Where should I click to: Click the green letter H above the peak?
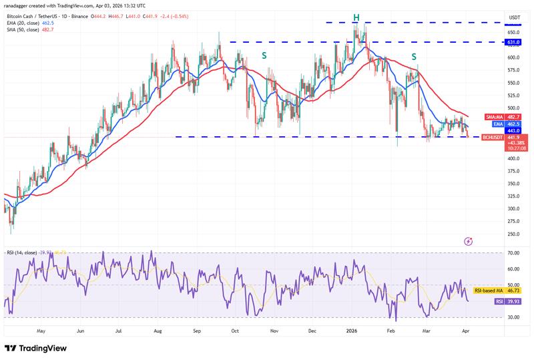click(x=356, y=17)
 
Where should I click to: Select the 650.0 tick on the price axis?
click(x=513, y=32)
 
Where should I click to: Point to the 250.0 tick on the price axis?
click(x=513, y=234)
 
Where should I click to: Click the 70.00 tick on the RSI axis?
click(x=513, y=253)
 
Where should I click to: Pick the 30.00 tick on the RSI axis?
click(x=513, y=317)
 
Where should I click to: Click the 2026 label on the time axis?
click(x=351, y=330)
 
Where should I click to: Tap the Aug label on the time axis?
click(x=158, y=330)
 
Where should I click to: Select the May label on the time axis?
click(x=41, y=330)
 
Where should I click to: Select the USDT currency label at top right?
click(x=514, y=17)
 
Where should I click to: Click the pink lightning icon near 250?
click(x=468, y=240)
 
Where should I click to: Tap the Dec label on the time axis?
click(x=312, y=330)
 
